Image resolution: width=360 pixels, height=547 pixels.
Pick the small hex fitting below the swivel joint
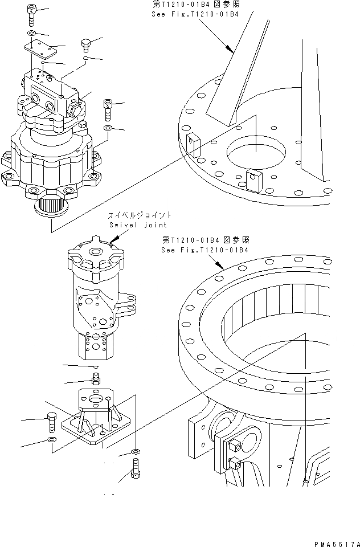click(x=96, y=378)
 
